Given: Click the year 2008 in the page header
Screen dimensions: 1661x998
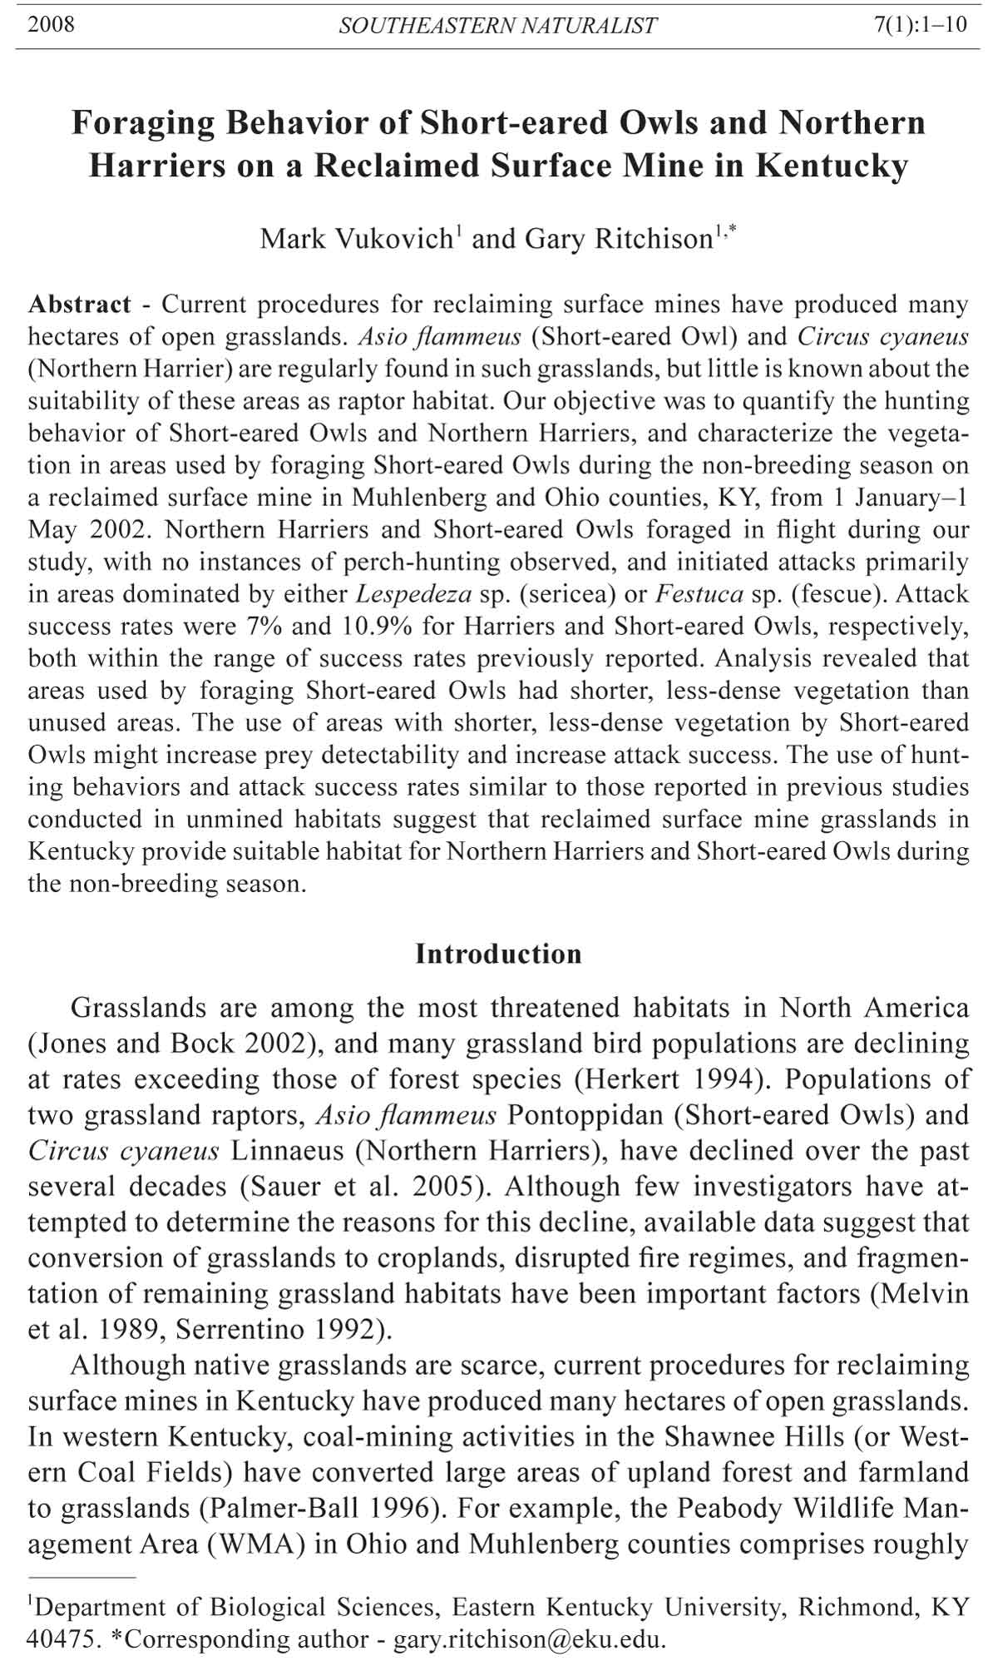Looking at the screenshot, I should (51, 24).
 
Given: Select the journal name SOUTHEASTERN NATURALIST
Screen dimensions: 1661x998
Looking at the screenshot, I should (497, 26).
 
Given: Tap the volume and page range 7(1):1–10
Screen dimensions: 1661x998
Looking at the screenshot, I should (921, 24).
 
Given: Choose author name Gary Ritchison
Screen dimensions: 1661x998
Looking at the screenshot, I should (618, 240).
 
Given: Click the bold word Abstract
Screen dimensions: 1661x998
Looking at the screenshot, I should (80, 305).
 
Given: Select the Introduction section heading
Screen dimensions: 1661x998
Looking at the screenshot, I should (498, 954).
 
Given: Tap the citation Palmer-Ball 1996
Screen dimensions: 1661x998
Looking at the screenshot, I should (326, 1508).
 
